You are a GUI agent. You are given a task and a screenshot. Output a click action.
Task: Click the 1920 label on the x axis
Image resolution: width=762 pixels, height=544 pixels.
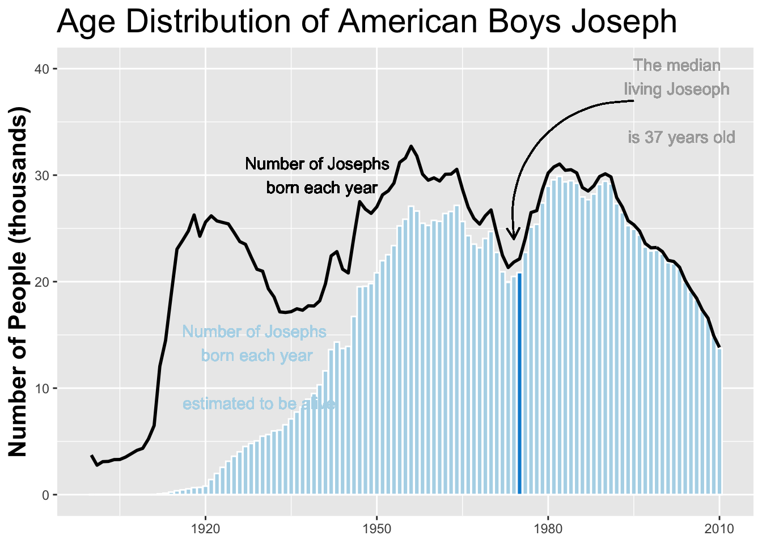tap(205, 529)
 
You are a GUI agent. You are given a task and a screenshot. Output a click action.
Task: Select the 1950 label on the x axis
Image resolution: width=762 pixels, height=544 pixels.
tap(376, 529)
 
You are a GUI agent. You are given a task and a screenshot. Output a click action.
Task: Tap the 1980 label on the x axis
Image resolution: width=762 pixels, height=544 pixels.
tap(548, 529)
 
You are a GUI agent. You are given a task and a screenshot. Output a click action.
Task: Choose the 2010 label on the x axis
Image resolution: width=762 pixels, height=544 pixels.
tap(719, 529)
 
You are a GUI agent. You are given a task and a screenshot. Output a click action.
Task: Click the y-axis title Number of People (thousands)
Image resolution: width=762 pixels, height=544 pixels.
tap(18, 281)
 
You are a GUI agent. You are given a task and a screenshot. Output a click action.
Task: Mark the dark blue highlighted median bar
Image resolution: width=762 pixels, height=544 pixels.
tap(519, 385)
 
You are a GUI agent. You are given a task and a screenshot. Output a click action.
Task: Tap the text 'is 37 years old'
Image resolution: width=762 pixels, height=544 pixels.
tap(681, 138)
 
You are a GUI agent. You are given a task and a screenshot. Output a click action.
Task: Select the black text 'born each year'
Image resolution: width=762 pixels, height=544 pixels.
tap(321, 188)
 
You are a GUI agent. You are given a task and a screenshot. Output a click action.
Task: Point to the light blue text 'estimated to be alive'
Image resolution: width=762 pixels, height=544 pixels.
tap(259, 404)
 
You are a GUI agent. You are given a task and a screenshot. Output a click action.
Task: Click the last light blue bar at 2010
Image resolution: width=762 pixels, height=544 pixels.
tap(719, 422)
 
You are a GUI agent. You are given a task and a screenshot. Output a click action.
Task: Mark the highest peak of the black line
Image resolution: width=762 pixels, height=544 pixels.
tap(411, 146)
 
